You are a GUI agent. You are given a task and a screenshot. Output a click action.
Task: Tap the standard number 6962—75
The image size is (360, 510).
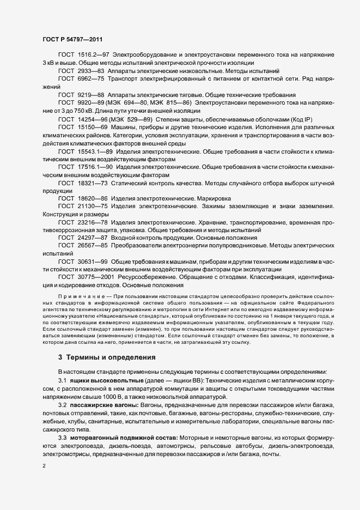click(89, 78)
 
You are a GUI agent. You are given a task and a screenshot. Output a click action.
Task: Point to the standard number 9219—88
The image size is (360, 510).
click(89, 94)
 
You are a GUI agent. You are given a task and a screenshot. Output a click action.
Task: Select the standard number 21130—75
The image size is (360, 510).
click(90, 207)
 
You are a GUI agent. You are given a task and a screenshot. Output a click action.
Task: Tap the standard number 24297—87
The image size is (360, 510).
click(90, 238)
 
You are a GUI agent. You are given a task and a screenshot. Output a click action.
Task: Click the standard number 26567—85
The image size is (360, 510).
click(90, 246)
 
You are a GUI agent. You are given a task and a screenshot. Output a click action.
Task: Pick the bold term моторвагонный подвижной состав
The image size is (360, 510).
click(123, 438)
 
